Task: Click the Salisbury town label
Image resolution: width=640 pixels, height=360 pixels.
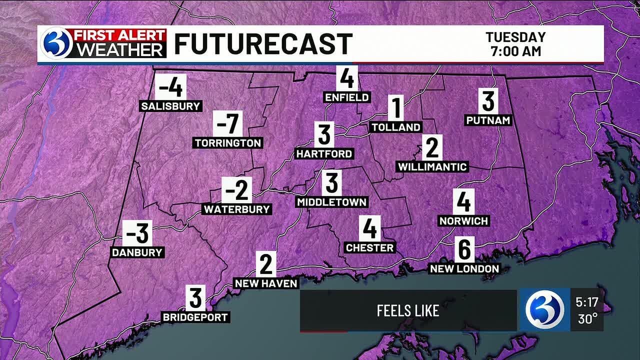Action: [170, 106]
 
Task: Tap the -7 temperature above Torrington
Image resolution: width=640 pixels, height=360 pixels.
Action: [227, 123]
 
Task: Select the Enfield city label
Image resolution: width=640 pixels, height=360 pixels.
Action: [347, 97]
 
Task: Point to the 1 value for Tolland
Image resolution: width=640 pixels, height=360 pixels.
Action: [396, 108]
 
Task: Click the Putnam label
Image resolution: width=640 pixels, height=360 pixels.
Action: [488, 120]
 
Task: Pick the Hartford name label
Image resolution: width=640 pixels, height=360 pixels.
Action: [324, 154]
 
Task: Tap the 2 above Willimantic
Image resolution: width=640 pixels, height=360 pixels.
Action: [432, 147]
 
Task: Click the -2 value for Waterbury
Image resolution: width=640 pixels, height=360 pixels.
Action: [236, 190]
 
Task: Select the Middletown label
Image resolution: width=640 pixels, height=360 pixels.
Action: [331, 202]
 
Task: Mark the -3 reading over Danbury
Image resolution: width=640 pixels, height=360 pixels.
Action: [137, 233]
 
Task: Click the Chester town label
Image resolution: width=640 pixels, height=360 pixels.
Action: [370, 247]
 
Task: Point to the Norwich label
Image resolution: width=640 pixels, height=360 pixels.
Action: [463, 220]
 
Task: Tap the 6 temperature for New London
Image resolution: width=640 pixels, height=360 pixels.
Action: [464, 249]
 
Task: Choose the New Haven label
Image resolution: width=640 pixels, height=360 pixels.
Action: [266, 283]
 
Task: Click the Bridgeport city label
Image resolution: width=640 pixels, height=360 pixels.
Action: [195, 317]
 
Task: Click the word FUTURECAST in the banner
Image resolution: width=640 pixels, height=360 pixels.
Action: [263, 44]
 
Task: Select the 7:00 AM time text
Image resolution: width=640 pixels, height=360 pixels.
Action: [515, 51]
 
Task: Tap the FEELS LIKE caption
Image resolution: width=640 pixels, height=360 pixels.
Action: [408, 310]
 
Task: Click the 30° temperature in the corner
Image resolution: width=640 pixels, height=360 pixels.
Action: [588, 319]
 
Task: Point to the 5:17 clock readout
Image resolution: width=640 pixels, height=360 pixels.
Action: [587, 302]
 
